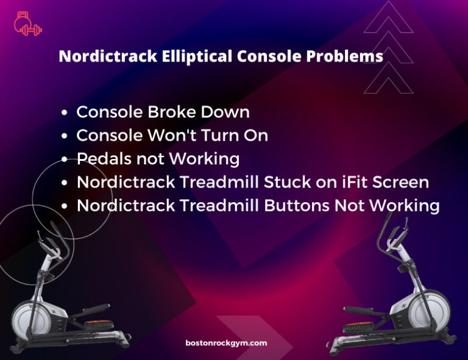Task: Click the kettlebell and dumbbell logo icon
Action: [x=28, y=24]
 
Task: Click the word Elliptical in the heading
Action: [x=197, y=57]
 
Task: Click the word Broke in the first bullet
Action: [x=172, y=112]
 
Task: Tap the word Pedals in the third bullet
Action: [x=104, y=158]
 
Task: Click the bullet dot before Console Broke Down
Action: [x=64, y=113]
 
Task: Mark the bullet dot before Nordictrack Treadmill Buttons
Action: [x=64, y=206]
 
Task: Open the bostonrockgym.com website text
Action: [x=226, y=343]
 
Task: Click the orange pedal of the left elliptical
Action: [x=99, y=323]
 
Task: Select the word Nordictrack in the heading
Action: [x=108, y=57]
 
